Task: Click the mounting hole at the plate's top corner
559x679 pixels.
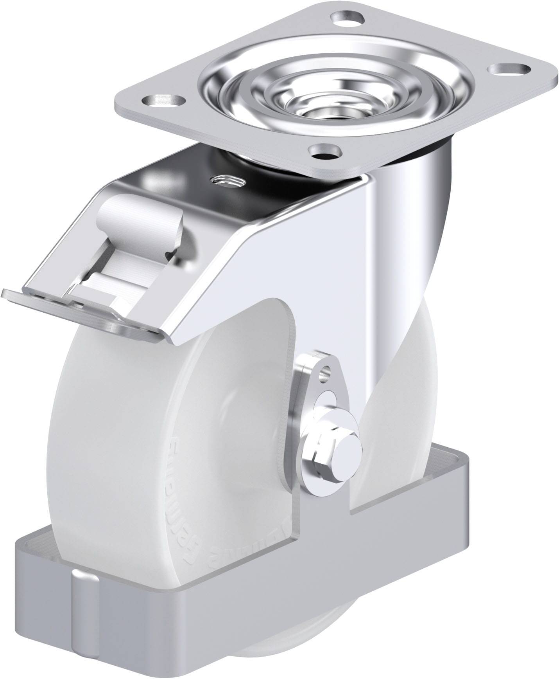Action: click(347, 18)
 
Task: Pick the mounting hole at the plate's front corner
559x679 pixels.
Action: click(324, 151)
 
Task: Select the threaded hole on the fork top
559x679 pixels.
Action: click(227, 181)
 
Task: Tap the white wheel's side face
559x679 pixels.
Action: click(156, 450)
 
